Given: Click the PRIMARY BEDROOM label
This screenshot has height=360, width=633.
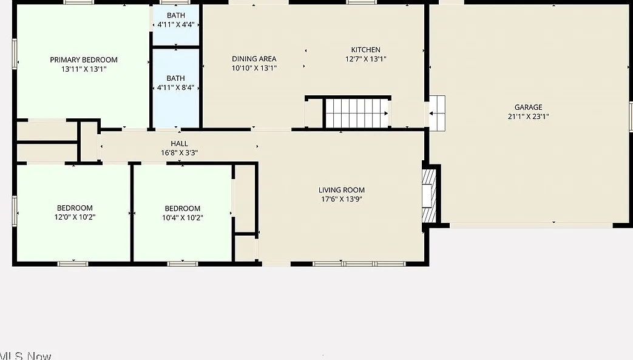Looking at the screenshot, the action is [x=84, y=60].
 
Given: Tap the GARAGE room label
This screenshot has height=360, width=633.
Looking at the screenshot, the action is [x=528, y=107].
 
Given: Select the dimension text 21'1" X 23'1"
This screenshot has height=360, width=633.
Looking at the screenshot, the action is [x=528, y=117].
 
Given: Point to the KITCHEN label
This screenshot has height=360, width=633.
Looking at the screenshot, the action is [x=366, y=50].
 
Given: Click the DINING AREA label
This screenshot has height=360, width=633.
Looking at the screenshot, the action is [x=254, y=59].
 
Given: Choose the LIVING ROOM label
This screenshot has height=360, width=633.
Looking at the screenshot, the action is [x=342, y=190].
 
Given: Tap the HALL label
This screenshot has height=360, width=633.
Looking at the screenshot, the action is [x=179, y=143].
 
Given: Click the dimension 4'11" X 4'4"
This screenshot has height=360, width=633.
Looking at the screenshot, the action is [x=176, y=24].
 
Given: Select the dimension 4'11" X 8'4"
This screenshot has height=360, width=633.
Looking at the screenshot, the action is [x=176, y=87].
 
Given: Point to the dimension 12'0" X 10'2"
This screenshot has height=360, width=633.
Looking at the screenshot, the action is [x=75, y=217].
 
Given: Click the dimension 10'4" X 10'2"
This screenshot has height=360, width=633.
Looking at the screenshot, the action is [x=183, y=217].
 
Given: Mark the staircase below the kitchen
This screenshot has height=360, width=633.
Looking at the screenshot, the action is [x=357, y=113].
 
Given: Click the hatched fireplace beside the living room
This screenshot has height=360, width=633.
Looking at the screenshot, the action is [x=429, y=196].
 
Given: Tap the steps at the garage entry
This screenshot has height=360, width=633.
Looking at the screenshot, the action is [x=437, y=114].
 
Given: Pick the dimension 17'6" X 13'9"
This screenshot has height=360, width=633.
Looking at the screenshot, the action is [x=342, y=199].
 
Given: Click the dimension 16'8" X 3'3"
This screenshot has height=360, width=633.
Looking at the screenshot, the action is [x=179, y=153].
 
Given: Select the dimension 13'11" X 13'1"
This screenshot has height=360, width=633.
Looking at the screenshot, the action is [x=84, y=69].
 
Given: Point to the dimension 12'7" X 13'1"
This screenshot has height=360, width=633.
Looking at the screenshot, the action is [x=366, y=59].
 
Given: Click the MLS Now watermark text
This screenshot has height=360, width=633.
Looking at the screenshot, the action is [x=25, y=356].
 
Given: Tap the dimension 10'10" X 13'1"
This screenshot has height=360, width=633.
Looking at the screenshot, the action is [x=254, y=68].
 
